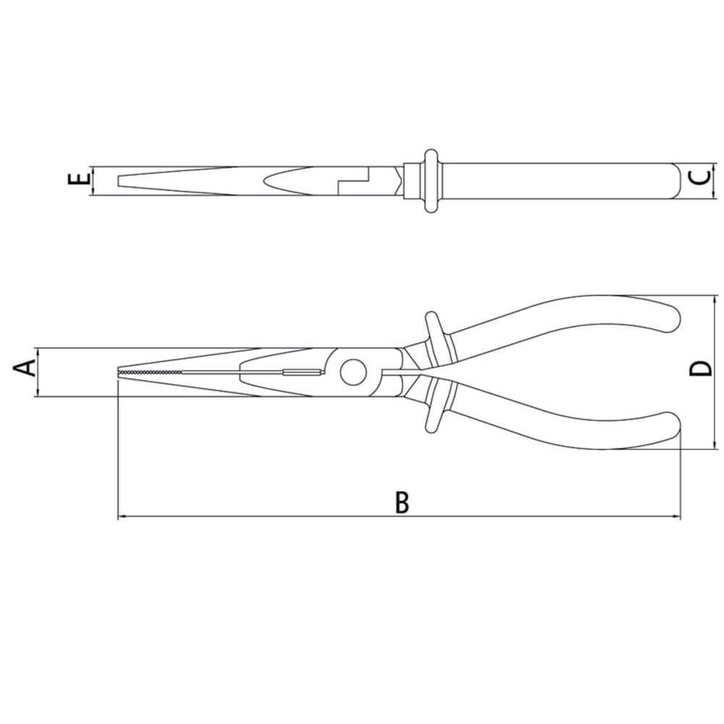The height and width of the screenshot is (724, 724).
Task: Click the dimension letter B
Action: (x=402, y=502)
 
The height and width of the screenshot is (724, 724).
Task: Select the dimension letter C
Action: (x=701, y=178)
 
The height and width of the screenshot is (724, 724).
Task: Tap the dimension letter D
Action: (x=701, y=369)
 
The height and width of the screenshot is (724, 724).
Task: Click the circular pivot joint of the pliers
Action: (x=353, y=371)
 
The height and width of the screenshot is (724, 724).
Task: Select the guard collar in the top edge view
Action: (x=430, y=180)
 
